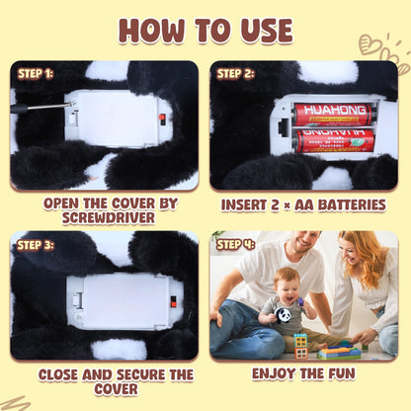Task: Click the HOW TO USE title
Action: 205,31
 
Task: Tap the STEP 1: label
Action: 36,74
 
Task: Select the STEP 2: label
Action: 235,74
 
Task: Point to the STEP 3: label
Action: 36,245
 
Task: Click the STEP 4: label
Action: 235,245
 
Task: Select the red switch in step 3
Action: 173,301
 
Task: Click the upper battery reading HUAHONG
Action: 334,115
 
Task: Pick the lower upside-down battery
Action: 334,140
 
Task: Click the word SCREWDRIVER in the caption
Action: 109,218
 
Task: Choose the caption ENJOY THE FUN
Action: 303,373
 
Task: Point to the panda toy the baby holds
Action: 283,315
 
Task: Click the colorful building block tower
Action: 300,346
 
